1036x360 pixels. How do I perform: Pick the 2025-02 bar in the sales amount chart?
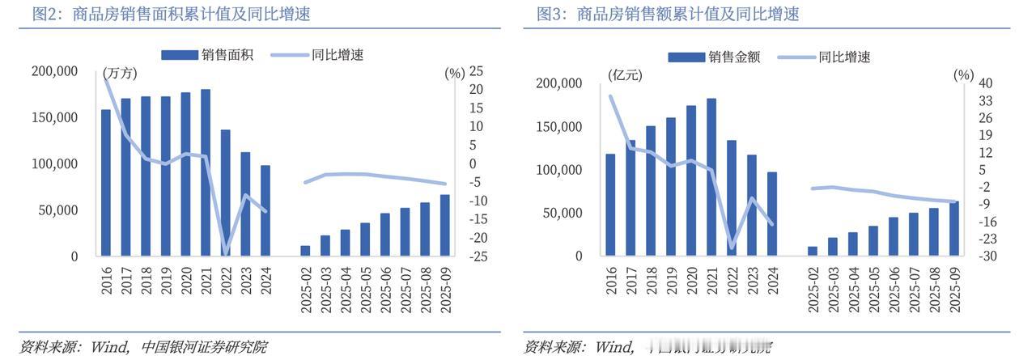813,251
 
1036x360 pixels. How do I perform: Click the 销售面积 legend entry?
208,55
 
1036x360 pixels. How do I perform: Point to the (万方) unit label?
120,73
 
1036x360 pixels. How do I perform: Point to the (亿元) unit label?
625,75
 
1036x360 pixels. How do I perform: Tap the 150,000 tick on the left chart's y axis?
55,117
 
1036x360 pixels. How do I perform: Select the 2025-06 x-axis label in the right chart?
894,290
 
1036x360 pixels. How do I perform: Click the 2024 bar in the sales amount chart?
771,214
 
